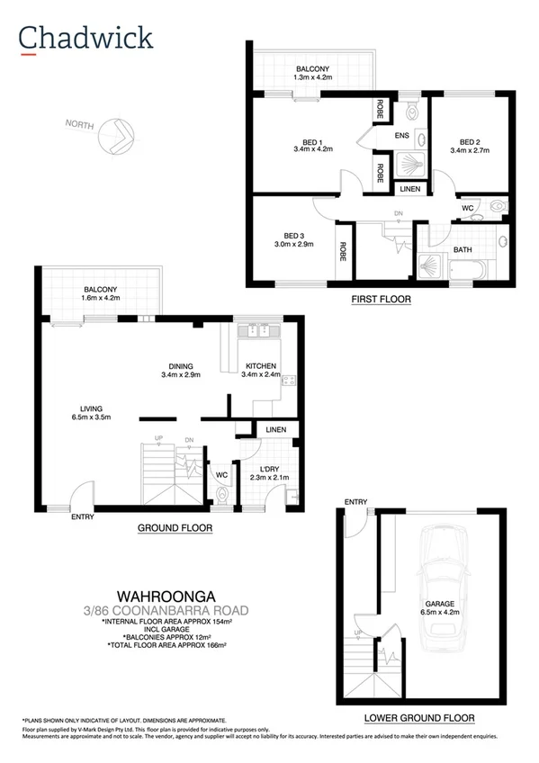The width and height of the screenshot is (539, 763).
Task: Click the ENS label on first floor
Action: (x=402, y=137)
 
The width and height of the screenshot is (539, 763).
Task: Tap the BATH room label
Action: (x=463, y=249)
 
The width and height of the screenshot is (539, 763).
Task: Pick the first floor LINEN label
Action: (x=409, y=189)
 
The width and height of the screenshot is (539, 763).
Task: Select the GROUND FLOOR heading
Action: (x=175, y=529)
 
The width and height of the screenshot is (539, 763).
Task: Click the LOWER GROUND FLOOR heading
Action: (x=418, y=717)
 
